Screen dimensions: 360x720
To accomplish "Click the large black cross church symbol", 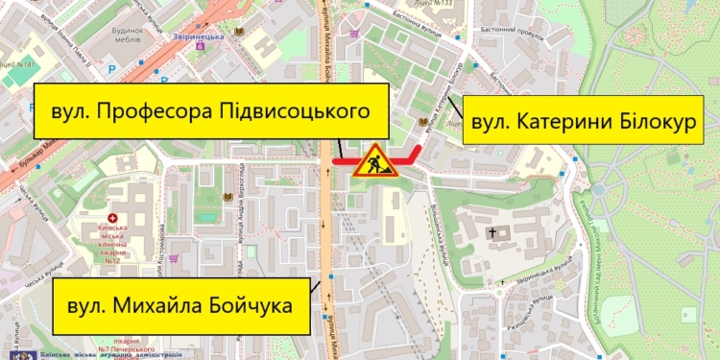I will [x=495, y=232].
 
